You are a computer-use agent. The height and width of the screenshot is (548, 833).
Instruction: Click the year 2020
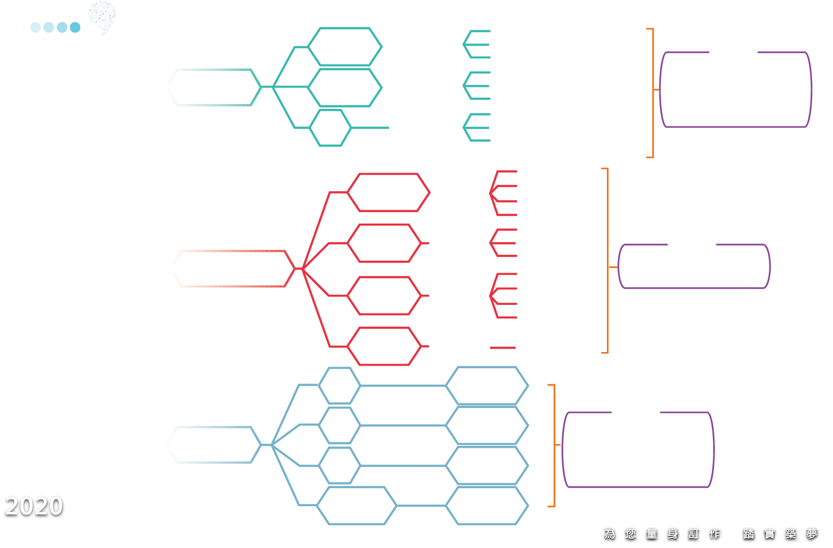[34, 506]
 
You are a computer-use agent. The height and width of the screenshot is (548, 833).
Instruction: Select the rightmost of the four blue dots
[75, 27]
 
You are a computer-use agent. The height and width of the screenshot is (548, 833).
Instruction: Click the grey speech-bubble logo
[102, 18]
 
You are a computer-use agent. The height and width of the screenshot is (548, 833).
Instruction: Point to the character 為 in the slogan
[610, 534]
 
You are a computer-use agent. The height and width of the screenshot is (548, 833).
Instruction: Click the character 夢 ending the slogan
[812, 534]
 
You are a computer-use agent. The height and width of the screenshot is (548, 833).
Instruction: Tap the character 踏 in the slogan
[749, 534]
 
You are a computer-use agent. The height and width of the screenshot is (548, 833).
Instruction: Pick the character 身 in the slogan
[673, 534]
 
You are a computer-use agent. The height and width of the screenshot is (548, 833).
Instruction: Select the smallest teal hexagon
[330, 127]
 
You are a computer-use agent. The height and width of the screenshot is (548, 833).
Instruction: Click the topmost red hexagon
[389, 193]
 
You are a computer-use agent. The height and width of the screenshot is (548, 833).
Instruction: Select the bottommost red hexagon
[384, 346]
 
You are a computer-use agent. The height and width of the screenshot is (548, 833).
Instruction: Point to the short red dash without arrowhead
[503, 348]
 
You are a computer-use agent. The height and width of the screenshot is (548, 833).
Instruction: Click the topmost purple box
[735, 89]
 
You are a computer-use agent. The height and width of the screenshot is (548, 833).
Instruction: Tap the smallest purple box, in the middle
[694, 266]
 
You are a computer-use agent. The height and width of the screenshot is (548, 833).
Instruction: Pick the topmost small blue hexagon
[339, 386]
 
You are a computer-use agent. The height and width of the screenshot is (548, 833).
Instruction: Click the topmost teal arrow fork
[477, 44]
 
